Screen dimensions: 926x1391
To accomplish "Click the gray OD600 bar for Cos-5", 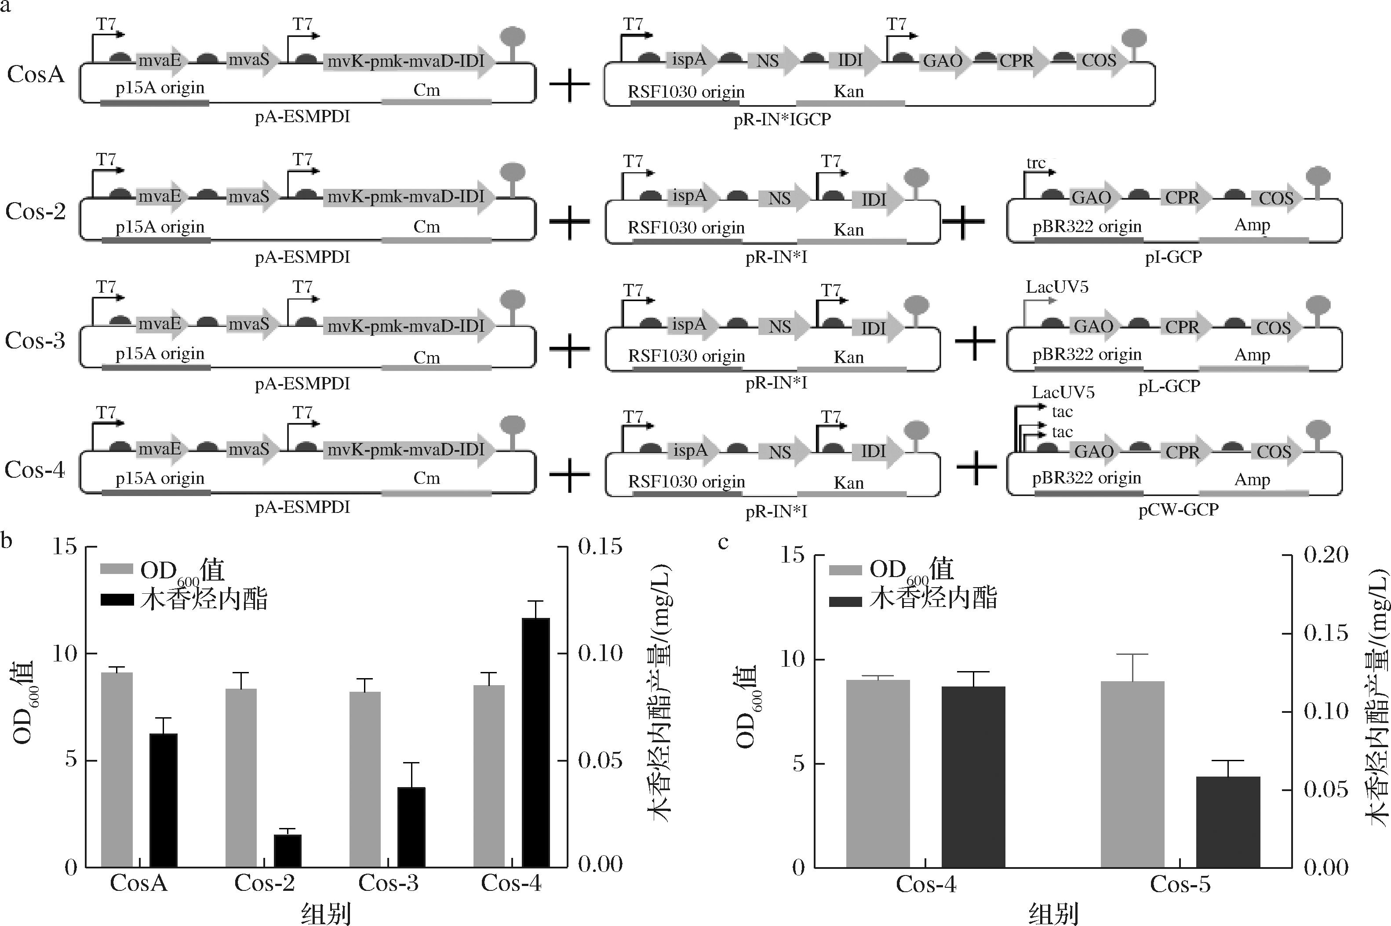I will pos(1132,773).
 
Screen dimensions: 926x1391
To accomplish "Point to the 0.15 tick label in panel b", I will pos(600,546).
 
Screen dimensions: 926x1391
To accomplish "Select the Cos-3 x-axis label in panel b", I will pos(388,883).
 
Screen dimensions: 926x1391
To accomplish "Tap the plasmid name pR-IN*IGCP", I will pos(782,120).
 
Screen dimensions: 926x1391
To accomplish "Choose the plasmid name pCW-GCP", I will pos(1178,510).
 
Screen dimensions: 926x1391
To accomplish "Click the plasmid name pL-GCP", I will pos(1169,386).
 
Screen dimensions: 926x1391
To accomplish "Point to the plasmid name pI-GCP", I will pos(1173,258).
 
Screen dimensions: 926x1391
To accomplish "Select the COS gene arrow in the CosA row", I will pos(1102,61).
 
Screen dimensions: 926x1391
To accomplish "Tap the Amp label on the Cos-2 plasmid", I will pos(1252,225).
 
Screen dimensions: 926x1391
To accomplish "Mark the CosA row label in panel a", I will pos(36,75).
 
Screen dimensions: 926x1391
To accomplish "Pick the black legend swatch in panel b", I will pos(117,599).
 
